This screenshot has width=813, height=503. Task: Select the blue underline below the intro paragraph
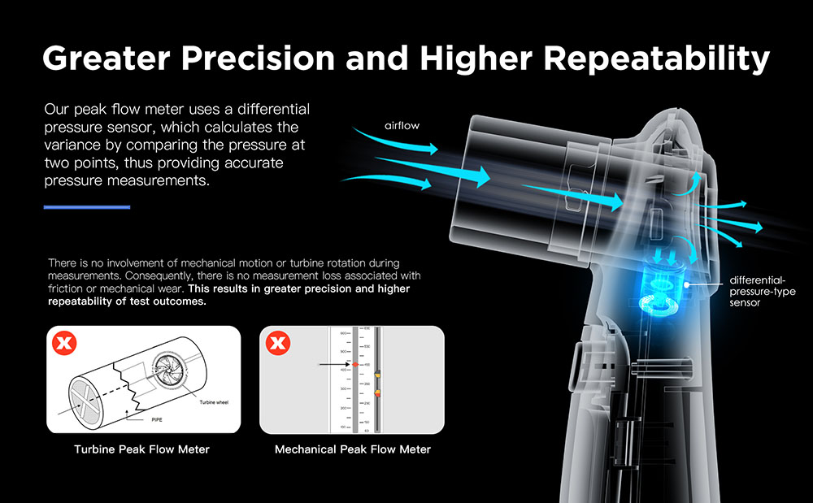86,207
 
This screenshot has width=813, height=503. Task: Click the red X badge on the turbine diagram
63,345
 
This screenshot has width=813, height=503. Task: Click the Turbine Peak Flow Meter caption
141,449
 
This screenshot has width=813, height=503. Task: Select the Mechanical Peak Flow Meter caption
353,449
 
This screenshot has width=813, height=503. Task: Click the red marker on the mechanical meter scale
355,366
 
